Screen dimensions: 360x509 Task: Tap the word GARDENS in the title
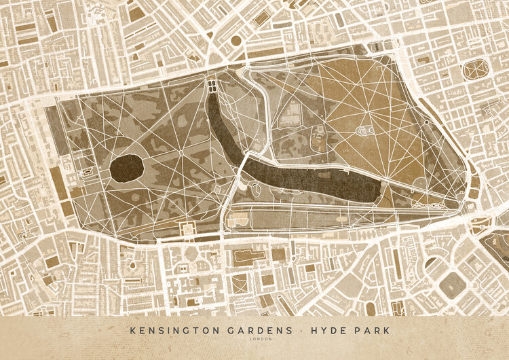coord(233,330)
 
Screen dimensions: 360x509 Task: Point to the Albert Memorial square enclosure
coord(188,230)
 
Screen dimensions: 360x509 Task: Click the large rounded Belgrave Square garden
coord(451,285)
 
